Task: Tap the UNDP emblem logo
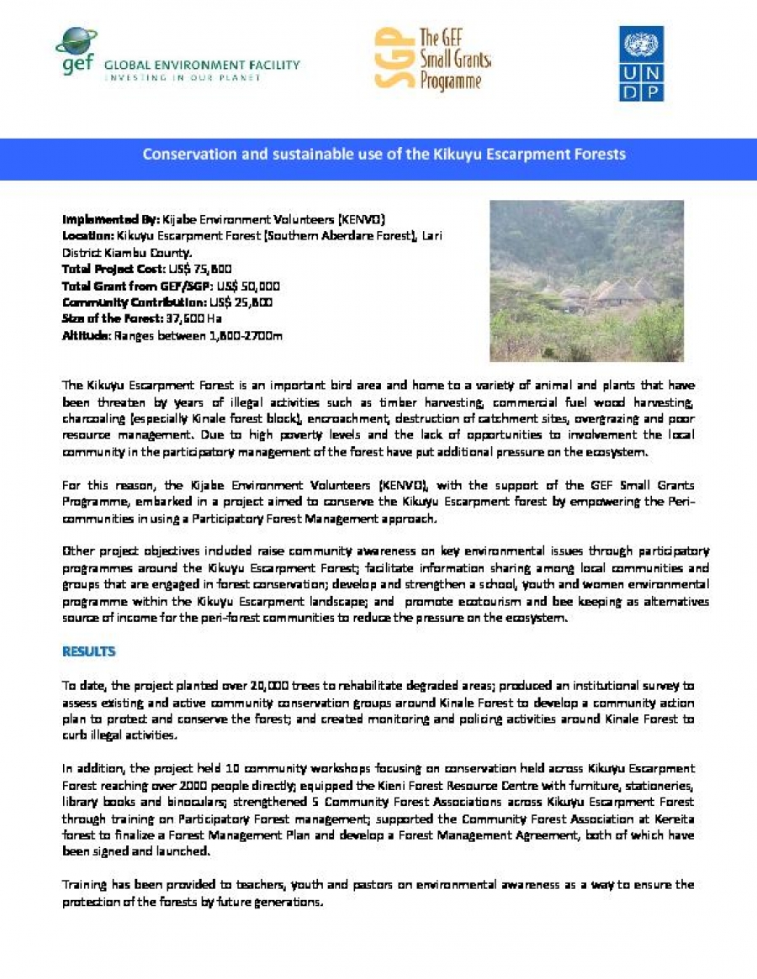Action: (642, 64)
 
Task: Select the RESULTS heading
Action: (88, 651)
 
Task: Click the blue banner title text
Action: (384, 155)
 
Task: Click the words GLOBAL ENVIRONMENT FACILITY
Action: (201, 65)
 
